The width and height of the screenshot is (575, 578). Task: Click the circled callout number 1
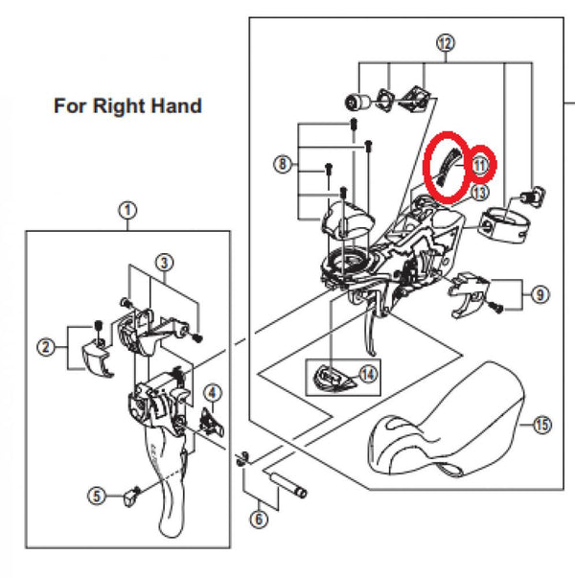coord(127,210)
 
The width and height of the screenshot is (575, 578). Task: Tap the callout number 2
coord(45,348)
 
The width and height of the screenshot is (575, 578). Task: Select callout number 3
coord(165,262)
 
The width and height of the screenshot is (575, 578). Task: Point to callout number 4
coord(213,391)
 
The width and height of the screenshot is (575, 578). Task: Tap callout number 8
coord(282,166)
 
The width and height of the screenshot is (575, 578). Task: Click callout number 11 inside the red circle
coord(480,164)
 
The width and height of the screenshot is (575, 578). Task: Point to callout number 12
coord(445,43)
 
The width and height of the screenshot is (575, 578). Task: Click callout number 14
coord(368,374)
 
